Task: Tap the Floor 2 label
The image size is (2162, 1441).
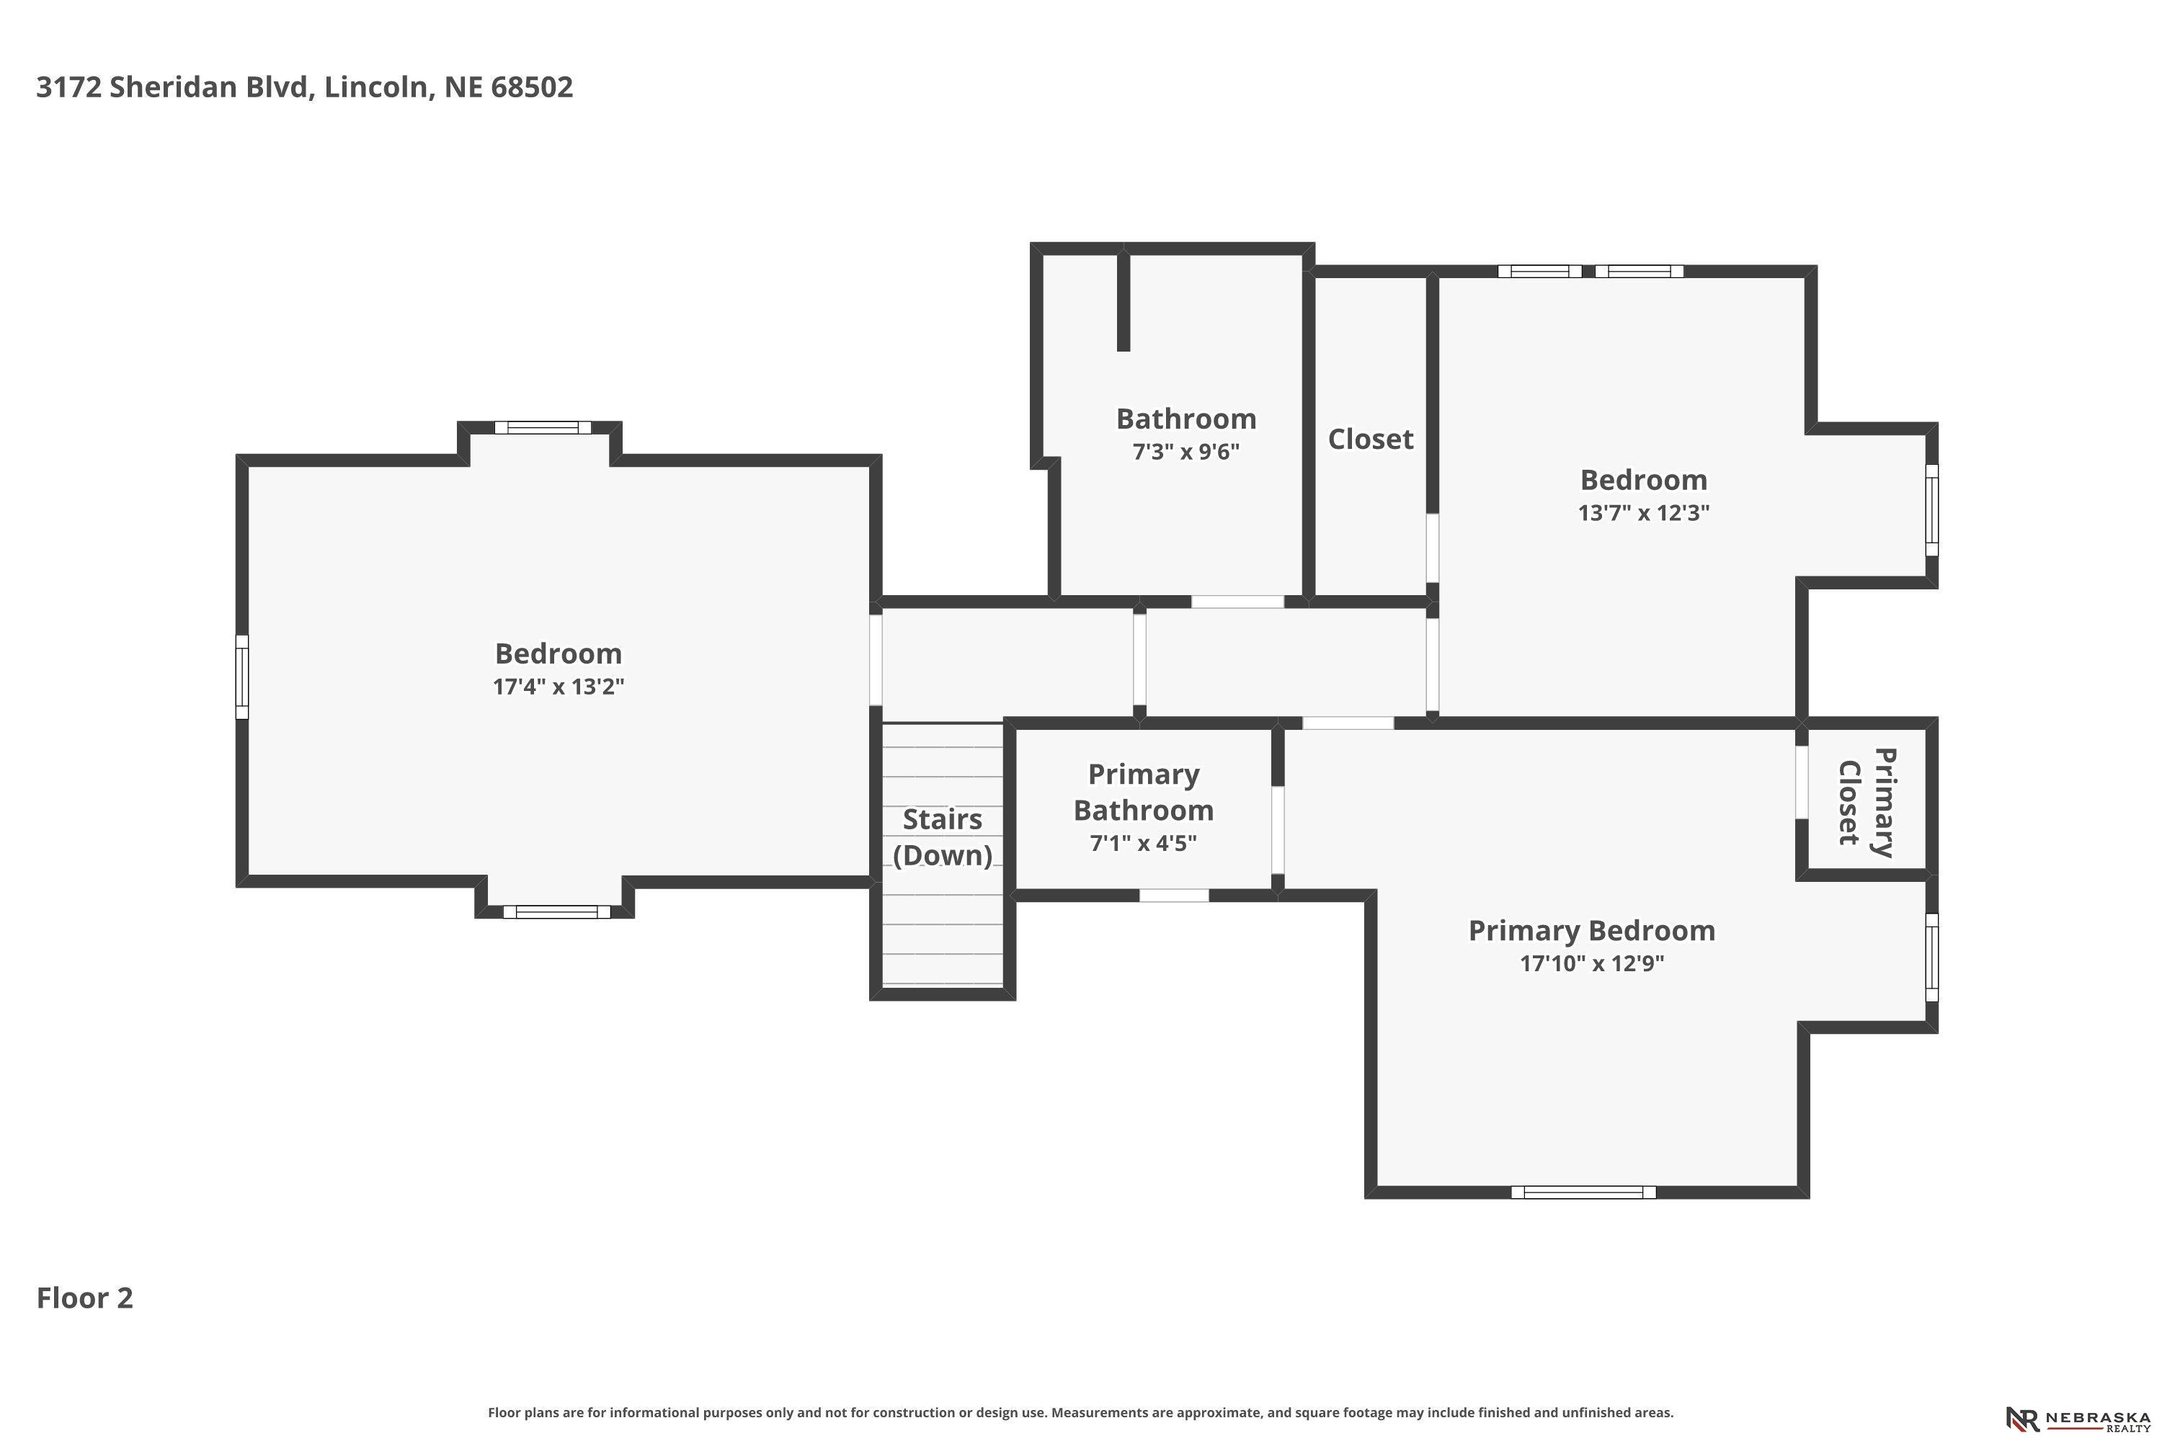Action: [x=84, y=1298]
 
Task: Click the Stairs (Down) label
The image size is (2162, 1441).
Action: [x=942, y=837]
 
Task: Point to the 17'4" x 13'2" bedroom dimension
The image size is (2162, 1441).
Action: [x=558, y=687]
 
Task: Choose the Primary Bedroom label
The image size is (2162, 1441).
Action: [x=1592, y=930]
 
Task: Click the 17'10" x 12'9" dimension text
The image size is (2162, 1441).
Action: [x=1592, y=963]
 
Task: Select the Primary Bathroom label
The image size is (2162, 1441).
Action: [x=1144, y=792]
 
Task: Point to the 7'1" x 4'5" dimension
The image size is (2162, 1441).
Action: [x=1144, y=843]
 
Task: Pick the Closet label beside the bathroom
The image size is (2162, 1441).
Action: [x=1371, y=440]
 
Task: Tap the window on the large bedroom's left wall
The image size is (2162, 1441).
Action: [x=241, y=677]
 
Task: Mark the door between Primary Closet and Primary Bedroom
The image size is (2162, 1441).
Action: [x=1802, y=781]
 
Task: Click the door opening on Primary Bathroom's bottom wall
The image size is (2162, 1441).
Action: [x=1174, y=895]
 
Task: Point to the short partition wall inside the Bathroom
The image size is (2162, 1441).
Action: [x=1122, y=300]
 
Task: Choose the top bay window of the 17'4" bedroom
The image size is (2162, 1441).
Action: [x=543, y=427]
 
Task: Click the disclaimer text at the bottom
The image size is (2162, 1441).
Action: [x=1080, y=1412]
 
